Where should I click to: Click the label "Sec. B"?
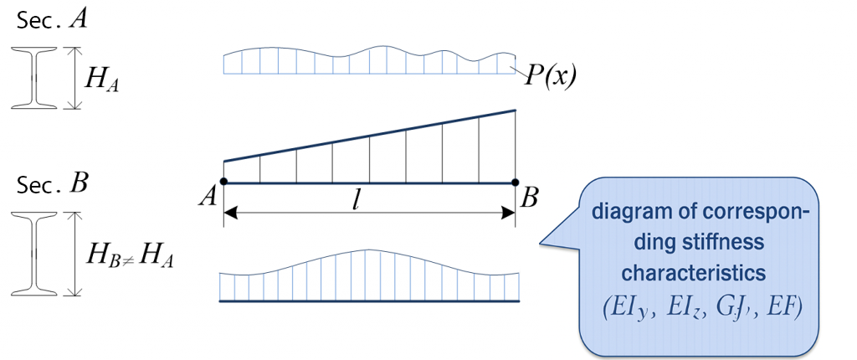pyautogui.click(x=49, y=184)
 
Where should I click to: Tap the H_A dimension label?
pyautogui.click(x=102, y=80)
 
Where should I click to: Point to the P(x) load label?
pyautogui.click(x=551, y=77)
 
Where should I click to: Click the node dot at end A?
pyautogui.click(x=223, y=182)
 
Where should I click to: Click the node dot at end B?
pyautogui.click(x=515, y=182)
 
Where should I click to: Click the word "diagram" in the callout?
pyautogui.click(x=624, y=213)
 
